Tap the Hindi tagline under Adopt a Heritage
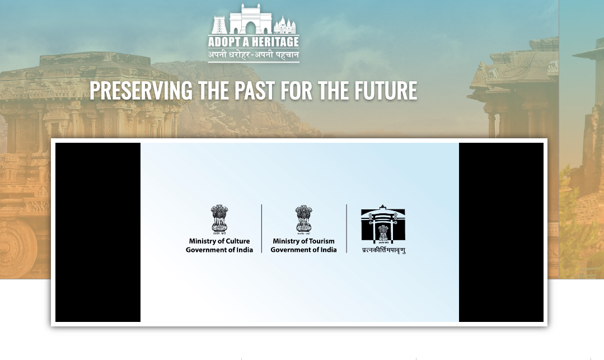tap(254, 55)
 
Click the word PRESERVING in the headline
tap(141, 90)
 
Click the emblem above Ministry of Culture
tap(219, 219)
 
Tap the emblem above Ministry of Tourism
tap(303, 219)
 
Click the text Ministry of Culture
tap(219, 241)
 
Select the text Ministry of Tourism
tap(303, 241)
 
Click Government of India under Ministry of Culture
tap(219, 250)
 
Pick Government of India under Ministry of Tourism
tap(303, 250)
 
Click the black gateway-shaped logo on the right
tap(383, 224)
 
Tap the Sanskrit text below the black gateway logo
tap(383, 250)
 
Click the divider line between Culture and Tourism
tap(261, 228)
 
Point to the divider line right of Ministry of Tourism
tap(347, 228)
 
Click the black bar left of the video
tap(98, 232)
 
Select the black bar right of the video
tap(501, 232)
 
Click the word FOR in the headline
tap(297, 90)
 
